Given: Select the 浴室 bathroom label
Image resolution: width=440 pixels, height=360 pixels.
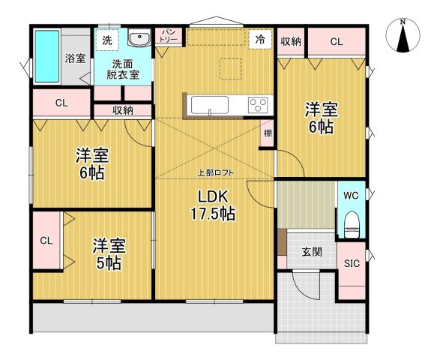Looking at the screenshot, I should coord(75,58).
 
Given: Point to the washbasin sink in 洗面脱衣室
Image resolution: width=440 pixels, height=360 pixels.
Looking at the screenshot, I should coord(138,39).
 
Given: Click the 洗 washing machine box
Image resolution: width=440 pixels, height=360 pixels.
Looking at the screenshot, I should coord(106,38).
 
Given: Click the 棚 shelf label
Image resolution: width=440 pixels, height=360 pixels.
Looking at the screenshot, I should coord(268,135).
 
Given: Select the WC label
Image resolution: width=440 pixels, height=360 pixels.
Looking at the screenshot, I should coord(351,196).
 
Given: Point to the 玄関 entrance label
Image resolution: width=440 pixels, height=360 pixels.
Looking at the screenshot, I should coord(313,252).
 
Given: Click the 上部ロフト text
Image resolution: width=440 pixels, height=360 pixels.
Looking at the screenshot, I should coord(215,173).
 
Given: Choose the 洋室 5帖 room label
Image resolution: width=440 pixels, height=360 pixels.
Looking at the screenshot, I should coord(109,254).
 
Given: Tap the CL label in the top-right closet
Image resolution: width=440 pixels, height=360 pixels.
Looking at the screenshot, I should coord(336,42).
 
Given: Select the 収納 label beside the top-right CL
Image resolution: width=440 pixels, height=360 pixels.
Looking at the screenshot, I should coord(292,42).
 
